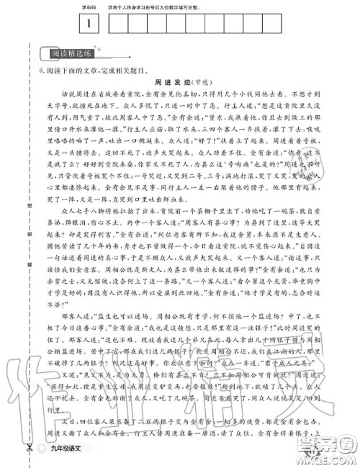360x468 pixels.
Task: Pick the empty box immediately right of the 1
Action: [x=118, y=23]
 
